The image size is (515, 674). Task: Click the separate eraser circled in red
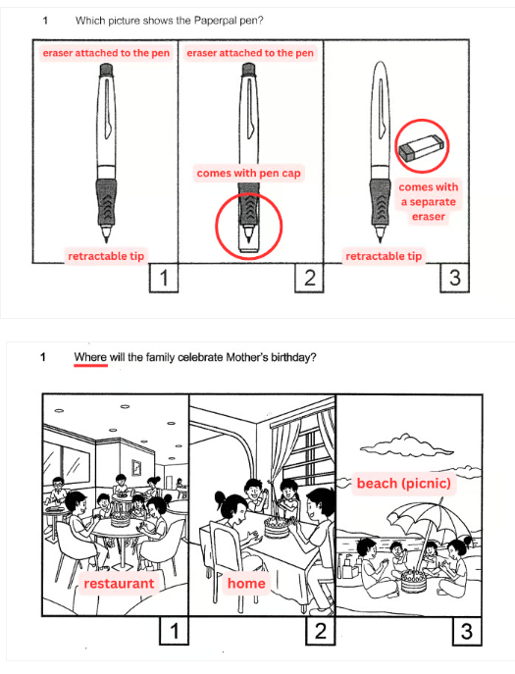click(x=421, y=146)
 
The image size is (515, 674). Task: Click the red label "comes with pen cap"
click(x=248, y=174)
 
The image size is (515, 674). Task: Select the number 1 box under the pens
click(x=164, y=278)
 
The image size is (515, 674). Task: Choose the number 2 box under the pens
click(x=310, y=278)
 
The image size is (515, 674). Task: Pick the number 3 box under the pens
click(x=455, y=278)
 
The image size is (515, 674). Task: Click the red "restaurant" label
click(x=119, y=584)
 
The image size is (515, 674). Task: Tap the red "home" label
click(x=246, y=584)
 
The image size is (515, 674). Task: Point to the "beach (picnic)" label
click(x=403, y=483)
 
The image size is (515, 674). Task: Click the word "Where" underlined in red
click(x=90, y=357)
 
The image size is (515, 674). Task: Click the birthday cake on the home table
click(x=277, y=528)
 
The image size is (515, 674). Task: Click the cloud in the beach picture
click(x=406, y=444)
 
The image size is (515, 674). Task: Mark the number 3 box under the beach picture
click(x=467, y=631)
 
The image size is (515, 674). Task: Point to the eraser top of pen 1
click(x=106, y=70)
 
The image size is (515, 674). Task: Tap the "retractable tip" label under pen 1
click(x=106, y=256)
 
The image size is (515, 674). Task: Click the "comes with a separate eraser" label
click(x=428, y=201)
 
